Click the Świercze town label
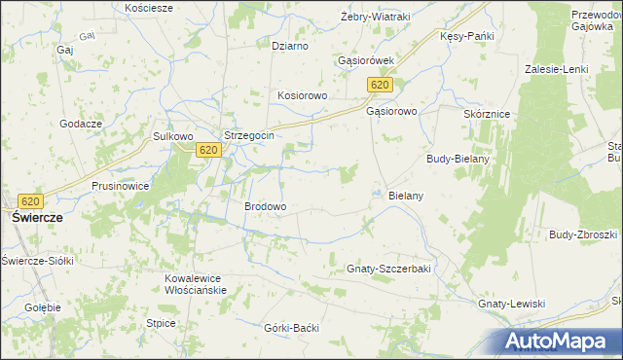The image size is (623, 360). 36,219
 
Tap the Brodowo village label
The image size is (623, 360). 265,207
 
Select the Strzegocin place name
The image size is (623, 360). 248,136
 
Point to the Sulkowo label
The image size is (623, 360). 173,136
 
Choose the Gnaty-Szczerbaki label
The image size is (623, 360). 388,268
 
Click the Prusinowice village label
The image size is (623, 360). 120,185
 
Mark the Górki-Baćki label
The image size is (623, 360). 292,328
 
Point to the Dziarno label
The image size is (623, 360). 290,46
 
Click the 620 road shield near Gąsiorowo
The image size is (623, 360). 381,87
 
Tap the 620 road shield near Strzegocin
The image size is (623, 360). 207,150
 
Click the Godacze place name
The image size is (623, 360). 81,124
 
